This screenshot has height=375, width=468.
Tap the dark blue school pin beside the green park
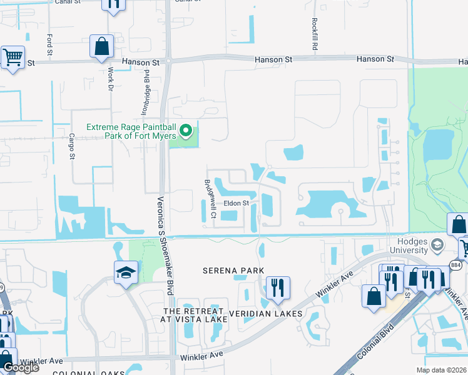coord(126,273)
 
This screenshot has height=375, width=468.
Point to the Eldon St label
coord(237,203)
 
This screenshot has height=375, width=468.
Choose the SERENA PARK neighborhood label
coord(233,271)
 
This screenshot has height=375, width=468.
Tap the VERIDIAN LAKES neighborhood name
coord(266,313)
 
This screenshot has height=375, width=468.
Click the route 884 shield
coord(456,266)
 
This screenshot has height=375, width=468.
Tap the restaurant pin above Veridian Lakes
coord(278,287)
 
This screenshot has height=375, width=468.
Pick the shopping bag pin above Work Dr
coord(101,46)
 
